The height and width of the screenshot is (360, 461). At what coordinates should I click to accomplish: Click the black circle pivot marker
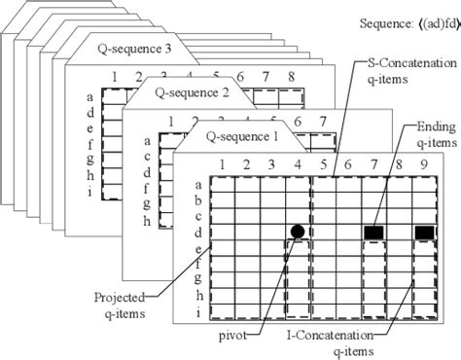point(297,231)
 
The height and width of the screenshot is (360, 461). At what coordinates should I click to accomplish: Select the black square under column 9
point(424,232)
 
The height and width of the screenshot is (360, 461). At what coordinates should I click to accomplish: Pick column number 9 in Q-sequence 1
point(425,166)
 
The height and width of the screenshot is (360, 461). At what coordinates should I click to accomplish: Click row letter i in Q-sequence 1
point(198,312)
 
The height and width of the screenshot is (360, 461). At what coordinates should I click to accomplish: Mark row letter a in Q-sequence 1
point(198,184)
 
